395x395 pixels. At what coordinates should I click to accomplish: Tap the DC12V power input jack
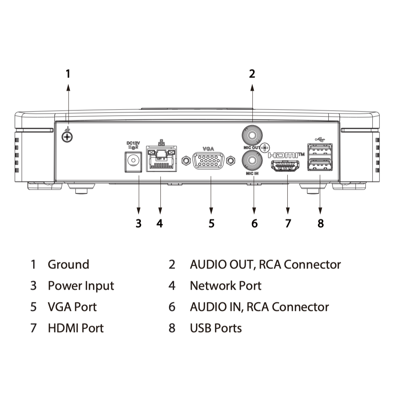pos(132,160)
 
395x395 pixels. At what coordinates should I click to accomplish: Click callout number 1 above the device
pos(68,73)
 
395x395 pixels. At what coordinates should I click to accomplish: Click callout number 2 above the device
pos(252,73)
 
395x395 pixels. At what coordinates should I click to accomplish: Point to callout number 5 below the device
pos(211,223)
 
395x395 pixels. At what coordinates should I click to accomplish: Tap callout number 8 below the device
pos(321,223)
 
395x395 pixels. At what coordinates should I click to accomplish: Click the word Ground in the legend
pos(68,265)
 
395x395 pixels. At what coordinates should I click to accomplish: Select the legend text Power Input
pos(81,286)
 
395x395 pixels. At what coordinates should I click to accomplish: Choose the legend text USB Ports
pos(216,328)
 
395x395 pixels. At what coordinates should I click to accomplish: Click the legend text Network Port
pos(225,286)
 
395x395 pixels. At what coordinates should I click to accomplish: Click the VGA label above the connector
pos(208,149)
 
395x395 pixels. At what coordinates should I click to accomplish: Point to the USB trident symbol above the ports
pos(320,138)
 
